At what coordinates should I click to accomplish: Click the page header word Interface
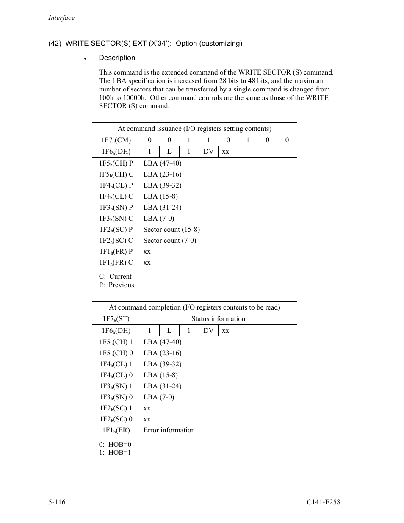[x=61, y=18]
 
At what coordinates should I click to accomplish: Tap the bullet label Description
[x=117, y=58]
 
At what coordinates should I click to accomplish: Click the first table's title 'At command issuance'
[x=194, y=129]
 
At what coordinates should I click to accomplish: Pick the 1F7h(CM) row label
[x=116, y=140]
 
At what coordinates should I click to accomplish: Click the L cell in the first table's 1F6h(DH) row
[x=169, y=152]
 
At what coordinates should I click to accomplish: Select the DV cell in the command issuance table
[x=208, y=152]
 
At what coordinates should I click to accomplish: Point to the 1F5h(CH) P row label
[x=116, y=163]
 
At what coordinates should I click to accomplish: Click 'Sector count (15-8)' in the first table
[x=172, y=230]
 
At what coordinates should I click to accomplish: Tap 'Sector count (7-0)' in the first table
[x=170, y=241]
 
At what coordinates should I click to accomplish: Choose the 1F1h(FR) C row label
[x=116, y=263]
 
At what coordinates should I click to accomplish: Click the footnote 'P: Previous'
[x=116, y=285]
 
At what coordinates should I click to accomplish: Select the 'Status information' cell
[x=218, y=319]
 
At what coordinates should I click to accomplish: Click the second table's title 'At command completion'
[x=194, y=307]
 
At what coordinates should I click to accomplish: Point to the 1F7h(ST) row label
[x=116, y=319]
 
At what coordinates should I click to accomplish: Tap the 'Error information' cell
[x=169, y=430]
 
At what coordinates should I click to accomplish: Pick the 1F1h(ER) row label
[x=116, y=430]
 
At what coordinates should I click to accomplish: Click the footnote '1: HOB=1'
[x=115, y=453]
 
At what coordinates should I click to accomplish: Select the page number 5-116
[x=57, y=502]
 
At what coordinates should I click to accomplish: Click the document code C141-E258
[x=324, y=502]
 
